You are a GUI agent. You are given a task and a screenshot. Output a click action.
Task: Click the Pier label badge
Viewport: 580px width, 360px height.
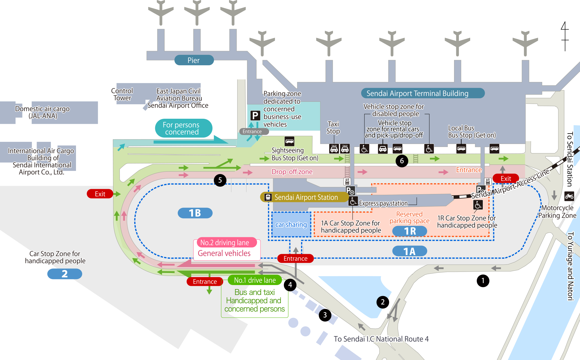pyautogui.click(x=194, y=60)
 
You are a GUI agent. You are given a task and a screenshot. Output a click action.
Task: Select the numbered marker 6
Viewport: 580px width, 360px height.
pyautogui.click(x=402, y=161)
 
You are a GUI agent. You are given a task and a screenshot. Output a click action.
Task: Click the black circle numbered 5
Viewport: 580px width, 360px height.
pyautogui.click(x=220, y=180)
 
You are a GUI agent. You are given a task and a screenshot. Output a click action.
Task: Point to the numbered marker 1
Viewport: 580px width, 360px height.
pyautogui.click(x=483, y=281)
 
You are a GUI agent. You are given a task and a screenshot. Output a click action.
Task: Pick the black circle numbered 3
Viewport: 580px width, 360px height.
pyautogui.click(x=325, y=315)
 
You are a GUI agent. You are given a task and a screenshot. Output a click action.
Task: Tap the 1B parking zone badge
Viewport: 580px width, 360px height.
pyautogui.click(x=195, y=213)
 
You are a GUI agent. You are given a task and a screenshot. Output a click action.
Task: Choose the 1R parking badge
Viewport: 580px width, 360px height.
pyautogui.click(x=409, y=231)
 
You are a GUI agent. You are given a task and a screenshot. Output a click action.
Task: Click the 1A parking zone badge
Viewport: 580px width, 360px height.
pyautogui.click(x=409, y=251)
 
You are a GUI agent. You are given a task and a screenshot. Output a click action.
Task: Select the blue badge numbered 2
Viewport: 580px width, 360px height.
pyautogui.click(x=65, y=274)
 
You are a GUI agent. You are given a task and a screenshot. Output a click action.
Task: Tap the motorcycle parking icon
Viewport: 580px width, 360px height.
pyautogui.click(x=569, y=196)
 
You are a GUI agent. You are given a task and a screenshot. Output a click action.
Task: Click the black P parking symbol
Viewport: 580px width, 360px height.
pyautogui.click(x=255, y=116)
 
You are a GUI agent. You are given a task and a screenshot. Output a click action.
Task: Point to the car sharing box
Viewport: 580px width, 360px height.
pyautogui.click(x=291, y=225)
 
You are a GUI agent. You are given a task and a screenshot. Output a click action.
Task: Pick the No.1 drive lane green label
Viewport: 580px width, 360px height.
pyautogui.click(x=255, y=280)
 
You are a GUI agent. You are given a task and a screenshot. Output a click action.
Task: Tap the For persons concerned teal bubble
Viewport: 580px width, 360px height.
pyautogui.click(x=183, y=128)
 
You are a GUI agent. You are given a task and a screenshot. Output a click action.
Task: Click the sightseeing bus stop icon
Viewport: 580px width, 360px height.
pyautogui.click(x=289, y=141)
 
